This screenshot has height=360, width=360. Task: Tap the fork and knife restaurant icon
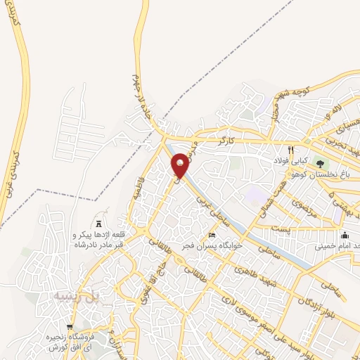tap(289, 150)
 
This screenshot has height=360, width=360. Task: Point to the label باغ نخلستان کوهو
tap(330, 174)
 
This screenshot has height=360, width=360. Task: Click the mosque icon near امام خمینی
tap(345, 235)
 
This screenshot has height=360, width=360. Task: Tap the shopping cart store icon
tap(69, 327)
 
